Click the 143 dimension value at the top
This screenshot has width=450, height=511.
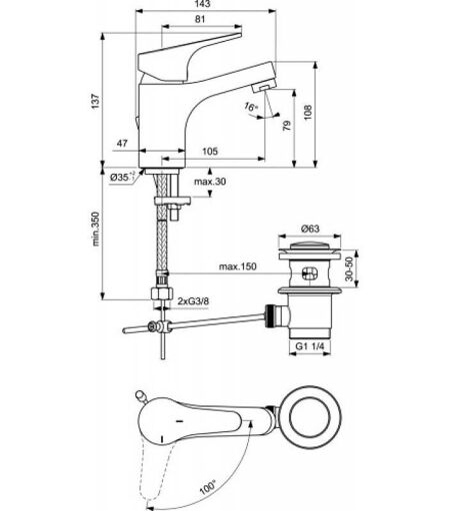pos(202,4)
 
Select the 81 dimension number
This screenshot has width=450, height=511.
pos(200,19)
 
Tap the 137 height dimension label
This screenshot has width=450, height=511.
pos(96,102)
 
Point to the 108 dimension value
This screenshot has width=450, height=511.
pos(307,112)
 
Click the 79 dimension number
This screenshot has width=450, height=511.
pos(287,125)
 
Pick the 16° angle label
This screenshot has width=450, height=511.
pos(251,107)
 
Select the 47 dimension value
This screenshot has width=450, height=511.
pos(122,144)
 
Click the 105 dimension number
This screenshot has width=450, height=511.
pos(210,152)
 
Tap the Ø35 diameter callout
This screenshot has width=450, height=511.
pos(122,177)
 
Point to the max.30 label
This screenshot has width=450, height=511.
pos(210,182)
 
